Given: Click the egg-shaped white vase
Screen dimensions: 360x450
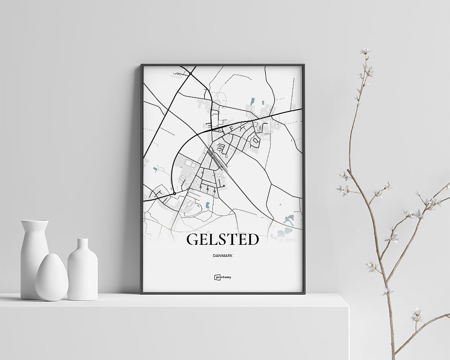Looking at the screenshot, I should pyautogui.click(x=52, y=277).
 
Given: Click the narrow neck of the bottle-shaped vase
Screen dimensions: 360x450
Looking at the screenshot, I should pyautogui.click(x=82, y=245).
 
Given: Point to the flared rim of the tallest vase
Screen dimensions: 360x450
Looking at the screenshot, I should pyautogui.click(x=34, y=222).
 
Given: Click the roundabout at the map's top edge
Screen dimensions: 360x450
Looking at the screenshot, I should pyautogui.click(x=190, y=73).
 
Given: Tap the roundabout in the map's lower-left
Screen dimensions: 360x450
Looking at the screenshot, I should pyautogui.click(x=174, y=193).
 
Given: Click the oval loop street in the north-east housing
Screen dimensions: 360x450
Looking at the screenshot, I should pyautogui.click(x=256, y=143).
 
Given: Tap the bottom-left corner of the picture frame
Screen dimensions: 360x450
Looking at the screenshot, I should pyautogui.click(x=142, y=293).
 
